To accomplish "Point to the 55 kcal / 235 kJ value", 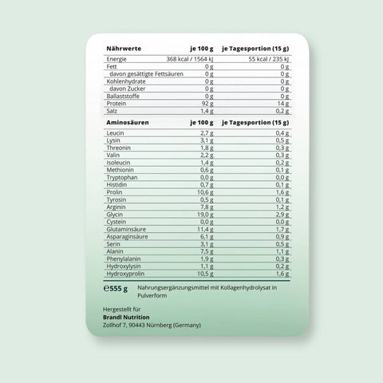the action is [267, 60].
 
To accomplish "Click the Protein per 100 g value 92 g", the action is [206, 103].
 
